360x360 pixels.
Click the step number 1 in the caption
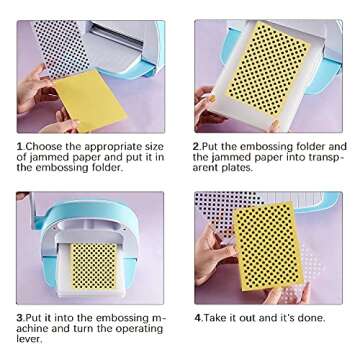coord(20,147)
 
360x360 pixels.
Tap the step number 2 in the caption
coord(197,147)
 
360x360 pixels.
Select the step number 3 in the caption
coord(19,317)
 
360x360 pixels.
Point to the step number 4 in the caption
coord(198,317)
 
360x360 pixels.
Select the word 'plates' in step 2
coord(237,168)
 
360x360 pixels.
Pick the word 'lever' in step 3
coord(29,339)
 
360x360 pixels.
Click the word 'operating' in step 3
coord(140,329)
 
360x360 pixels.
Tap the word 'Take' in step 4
coord(215,317)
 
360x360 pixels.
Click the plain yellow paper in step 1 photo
coord(91,100)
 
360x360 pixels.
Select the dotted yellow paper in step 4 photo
coord(268,246)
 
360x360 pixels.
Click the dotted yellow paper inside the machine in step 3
coord(94,266)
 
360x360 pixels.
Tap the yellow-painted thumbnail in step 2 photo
coord(212,99)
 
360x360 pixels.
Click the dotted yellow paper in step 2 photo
coord(268,69)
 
